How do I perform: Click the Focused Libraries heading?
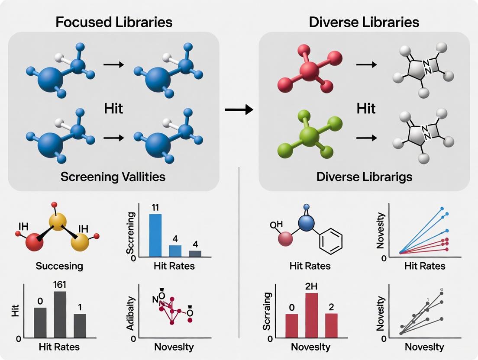point(114,22)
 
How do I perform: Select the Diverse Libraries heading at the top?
point(364,22)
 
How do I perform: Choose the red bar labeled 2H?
point(312,315)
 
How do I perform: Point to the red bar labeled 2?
point(331,325)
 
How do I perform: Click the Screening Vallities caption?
point(113,177)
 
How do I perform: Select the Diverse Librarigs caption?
point(364,177)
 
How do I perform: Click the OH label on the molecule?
point(276,225)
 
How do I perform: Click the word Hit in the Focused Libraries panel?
point(113,108)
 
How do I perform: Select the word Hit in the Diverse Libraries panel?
point(366,108)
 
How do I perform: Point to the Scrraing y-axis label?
point(267,312)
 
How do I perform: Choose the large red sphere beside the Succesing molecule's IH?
point(35,242)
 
